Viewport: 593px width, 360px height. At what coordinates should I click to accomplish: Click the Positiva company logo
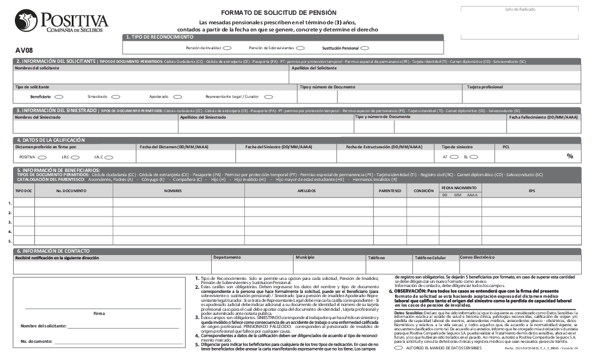62,22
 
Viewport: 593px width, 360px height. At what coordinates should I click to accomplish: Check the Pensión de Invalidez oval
228,48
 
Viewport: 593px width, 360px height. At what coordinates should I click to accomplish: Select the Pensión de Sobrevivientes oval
300,48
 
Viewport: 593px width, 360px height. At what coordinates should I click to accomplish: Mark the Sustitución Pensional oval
365,48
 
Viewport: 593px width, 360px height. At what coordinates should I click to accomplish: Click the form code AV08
24,50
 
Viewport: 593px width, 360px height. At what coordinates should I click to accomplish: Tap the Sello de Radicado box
519,23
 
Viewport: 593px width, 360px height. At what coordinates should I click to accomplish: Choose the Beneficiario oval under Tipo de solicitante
59,97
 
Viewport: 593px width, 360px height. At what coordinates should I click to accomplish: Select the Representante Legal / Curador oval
269,97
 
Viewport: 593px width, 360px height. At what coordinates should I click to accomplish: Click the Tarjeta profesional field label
485,87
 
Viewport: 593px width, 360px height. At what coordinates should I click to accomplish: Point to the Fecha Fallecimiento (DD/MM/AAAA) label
543,117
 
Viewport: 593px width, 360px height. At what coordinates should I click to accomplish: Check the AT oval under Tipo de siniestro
454,157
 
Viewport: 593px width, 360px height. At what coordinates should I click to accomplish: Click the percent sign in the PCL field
570,157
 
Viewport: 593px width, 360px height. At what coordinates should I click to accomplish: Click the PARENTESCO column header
390,191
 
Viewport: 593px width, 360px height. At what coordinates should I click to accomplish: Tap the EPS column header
532,191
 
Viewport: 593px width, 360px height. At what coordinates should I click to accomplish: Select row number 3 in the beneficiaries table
10,222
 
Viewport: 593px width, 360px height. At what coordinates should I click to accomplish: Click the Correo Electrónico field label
477,257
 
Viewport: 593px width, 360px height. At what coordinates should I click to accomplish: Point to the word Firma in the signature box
100,313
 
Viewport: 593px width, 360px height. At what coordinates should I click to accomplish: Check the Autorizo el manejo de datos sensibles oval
398,348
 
